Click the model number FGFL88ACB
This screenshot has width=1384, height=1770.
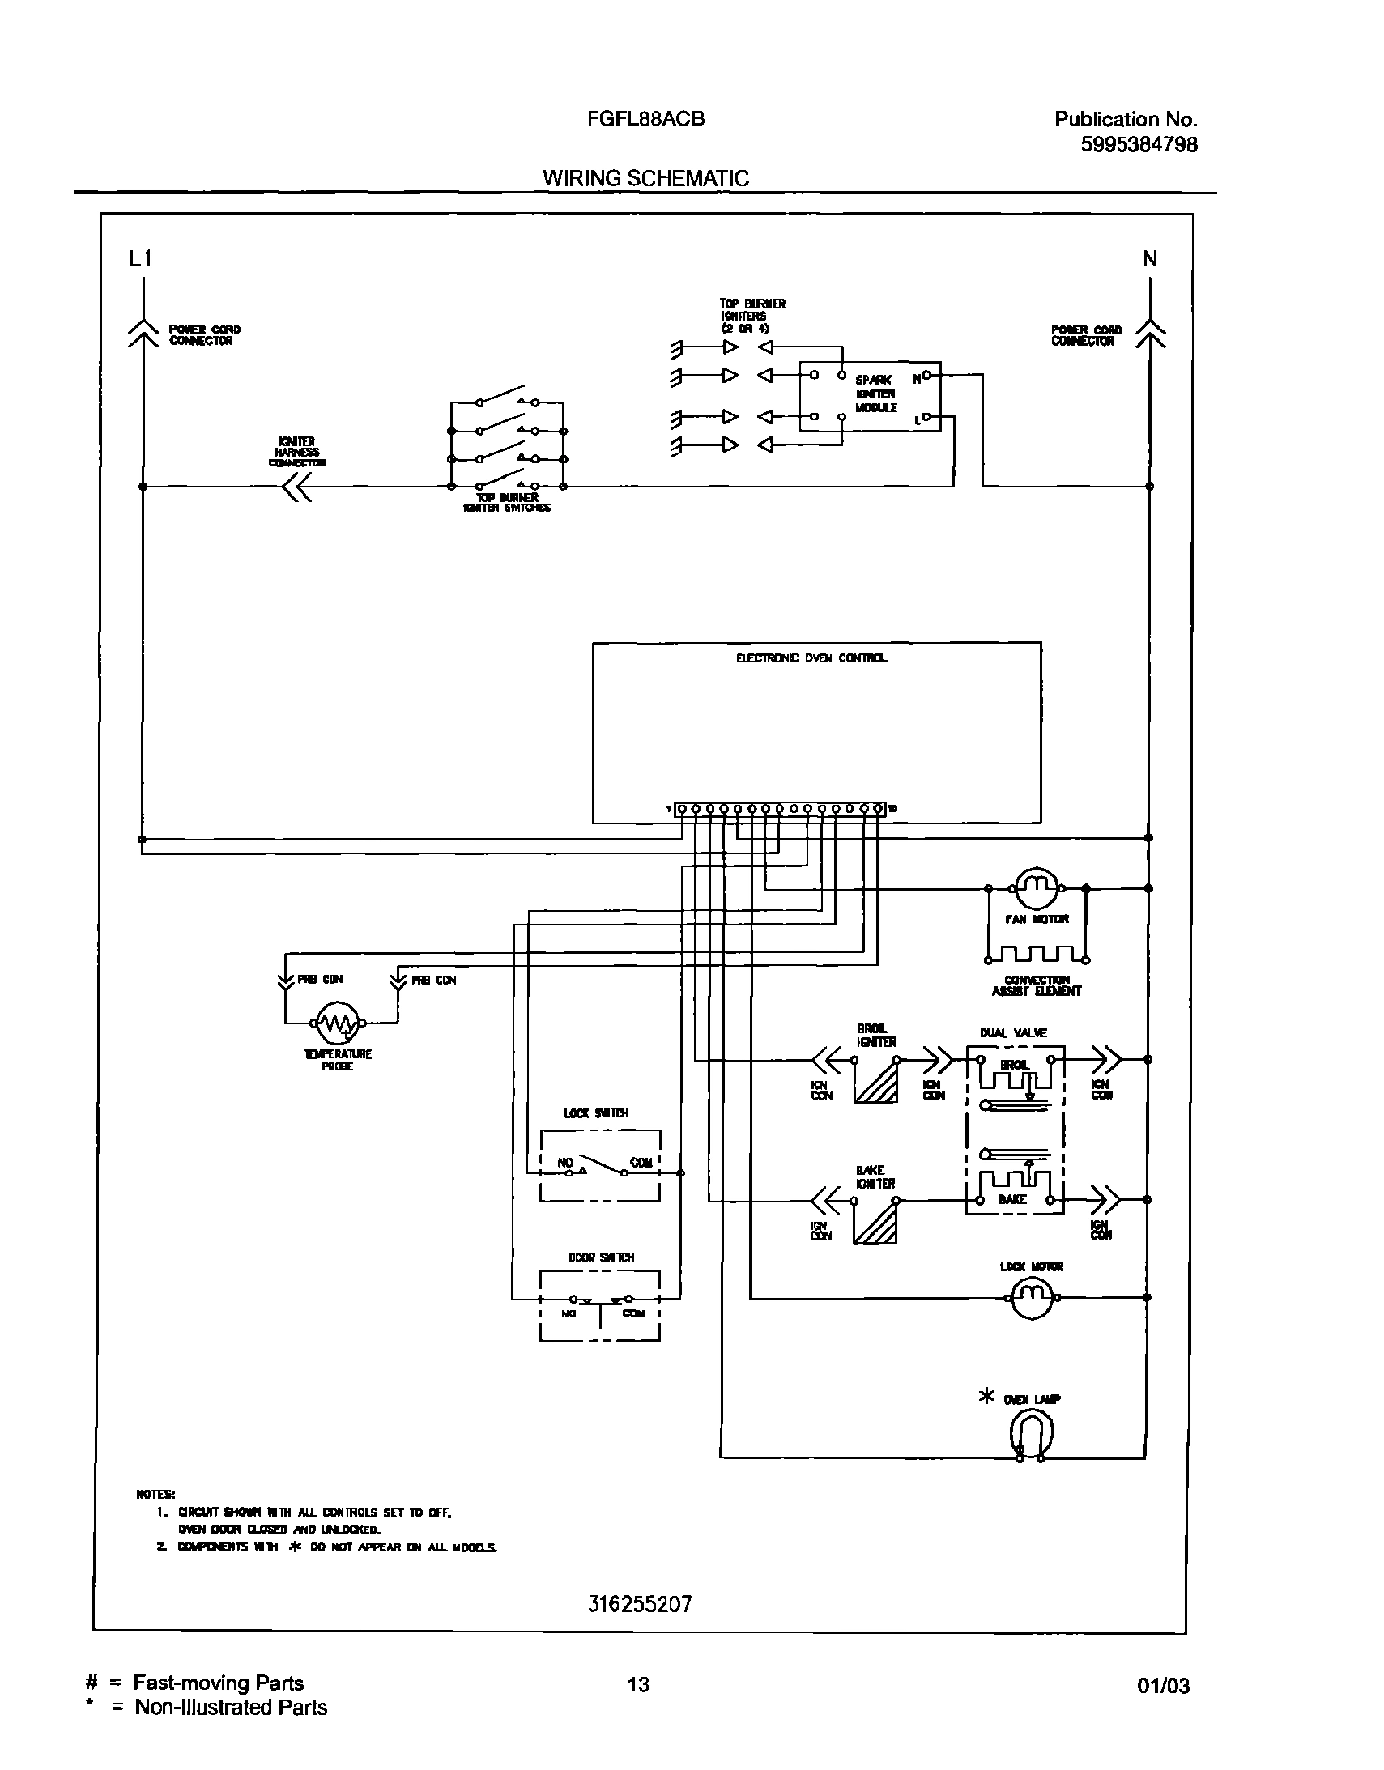[646, 119]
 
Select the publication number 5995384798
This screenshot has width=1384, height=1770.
[1139, 144]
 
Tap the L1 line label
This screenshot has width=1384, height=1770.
[140, 258]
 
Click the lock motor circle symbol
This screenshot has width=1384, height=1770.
[1029, 1297]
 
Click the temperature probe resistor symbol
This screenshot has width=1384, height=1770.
[337, 1023]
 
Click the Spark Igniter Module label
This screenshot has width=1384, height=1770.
[875, 393]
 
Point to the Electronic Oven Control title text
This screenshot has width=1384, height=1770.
[811, 658]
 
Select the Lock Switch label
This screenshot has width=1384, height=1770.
[596, 1113]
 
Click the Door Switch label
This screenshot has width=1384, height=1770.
[600, 1257]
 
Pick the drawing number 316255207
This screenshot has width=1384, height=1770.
[639, 1604]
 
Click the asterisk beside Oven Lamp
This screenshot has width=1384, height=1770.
[986, 1397]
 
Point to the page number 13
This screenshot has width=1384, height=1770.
[638, 1684]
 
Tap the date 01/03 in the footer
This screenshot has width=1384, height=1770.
[1163, 1686]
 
